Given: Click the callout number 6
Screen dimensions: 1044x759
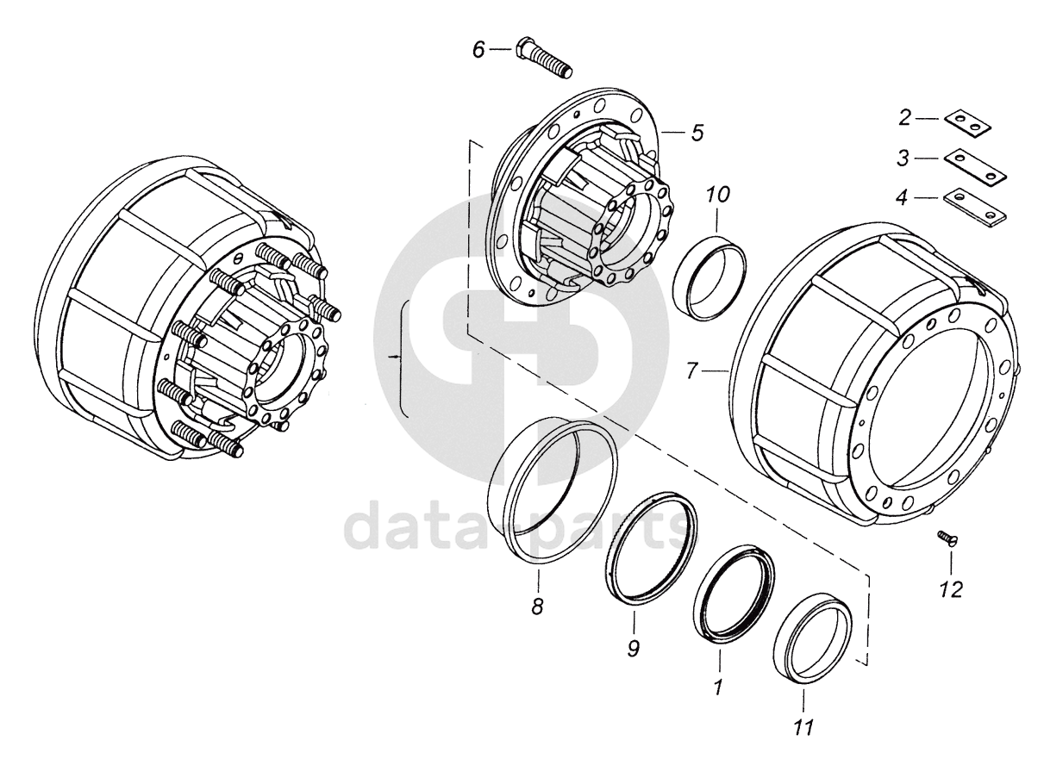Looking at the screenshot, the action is coord(478,50).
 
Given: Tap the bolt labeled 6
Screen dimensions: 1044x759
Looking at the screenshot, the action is coord(544,64).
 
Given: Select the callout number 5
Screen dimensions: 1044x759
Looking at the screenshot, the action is coord(697,133).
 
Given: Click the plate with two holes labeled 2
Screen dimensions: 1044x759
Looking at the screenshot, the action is coord(967,125).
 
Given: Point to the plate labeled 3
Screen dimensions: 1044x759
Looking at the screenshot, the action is coord(975,166).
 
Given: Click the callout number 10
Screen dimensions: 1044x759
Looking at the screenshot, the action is coord(718,195).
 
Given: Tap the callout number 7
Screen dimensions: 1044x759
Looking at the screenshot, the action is coord(693,371).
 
